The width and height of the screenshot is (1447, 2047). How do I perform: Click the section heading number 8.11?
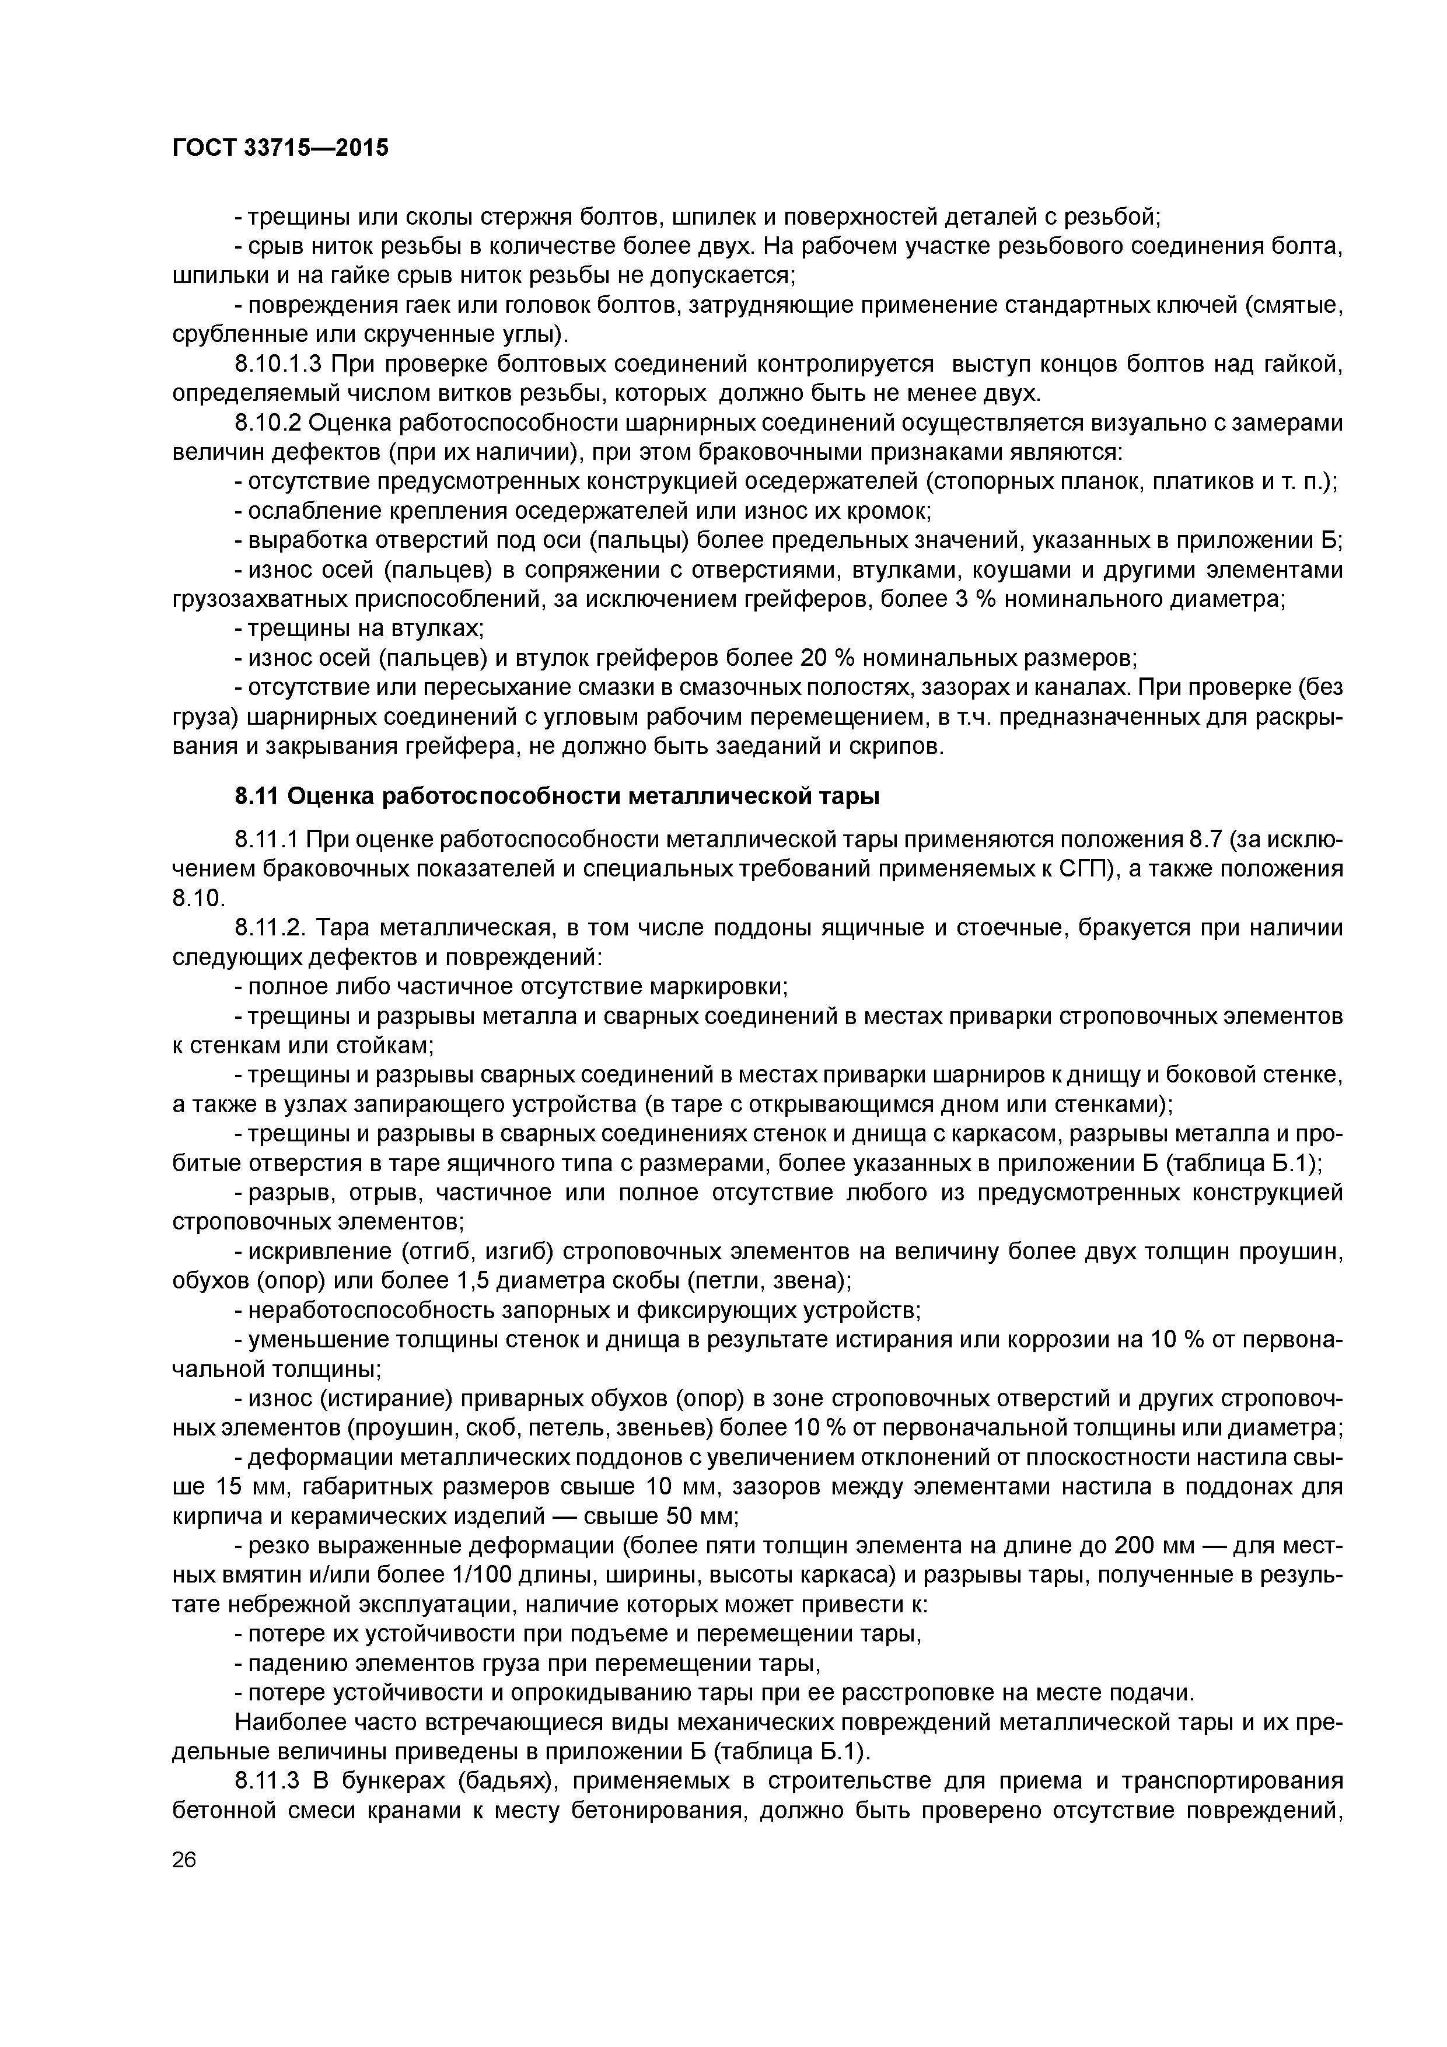click(258, 796)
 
